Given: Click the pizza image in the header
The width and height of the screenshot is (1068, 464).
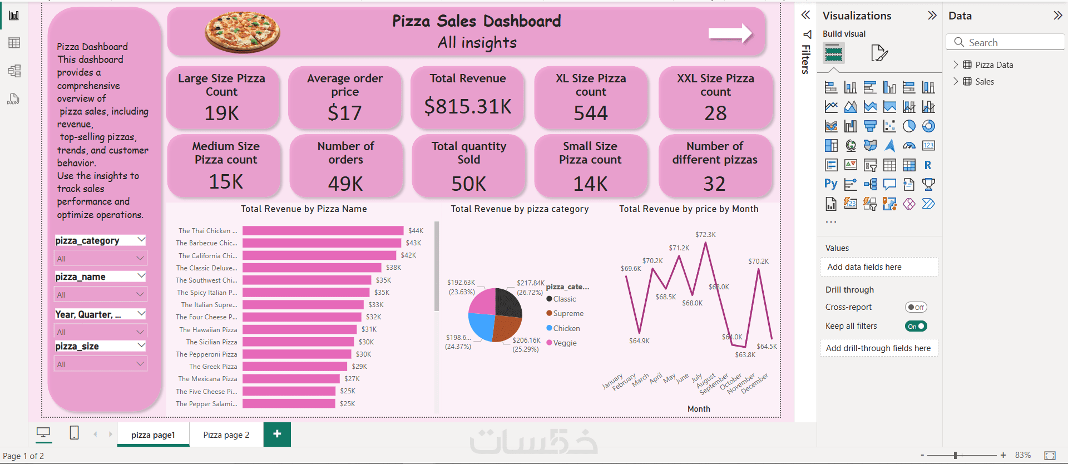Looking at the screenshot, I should coord(243,32).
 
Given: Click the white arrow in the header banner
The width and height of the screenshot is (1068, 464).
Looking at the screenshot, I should coord(730,33).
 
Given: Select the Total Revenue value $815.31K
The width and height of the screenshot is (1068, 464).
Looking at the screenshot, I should coord(468,106).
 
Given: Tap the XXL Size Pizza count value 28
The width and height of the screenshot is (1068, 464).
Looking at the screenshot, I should coord(715,113).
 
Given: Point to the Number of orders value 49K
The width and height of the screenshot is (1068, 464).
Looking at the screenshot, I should coord(345,184).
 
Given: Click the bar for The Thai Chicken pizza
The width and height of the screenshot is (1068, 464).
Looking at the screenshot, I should coord(323,230).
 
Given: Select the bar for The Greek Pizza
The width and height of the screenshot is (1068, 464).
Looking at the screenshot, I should coord(295,367).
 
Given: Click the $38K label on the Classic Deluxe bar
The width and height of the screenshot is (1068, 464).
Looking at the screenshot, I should coord(393,268).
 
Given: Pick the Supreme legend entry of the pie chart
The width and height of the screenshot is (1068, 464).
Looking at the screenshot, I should coord(568,314).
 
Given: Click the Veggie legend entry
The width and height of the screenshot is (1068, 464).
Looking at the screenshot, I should coord(565,343).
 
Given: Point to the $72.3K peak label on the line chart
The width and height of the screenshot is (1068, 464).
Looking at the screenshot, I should coord(705,235).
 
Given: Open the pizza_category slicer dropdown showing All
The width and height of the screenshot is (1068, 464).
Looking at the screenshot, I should coord(101,259).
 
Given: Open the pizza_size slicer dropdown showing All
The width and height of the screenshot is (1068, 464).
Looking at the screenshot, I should coord(101,364).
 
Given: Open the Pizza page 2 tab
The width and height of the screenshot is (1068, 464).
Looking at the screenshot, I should coord(226,435).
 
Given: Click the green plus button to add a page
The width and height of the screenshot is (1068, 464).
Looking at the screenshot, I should coord(277,434).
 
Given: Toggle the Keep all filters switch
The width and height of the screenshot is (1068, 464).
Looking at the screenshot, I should coord(916,327).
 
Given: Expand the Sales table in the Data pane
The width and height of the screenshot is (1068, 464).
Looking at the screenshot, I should coord(956,82).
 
